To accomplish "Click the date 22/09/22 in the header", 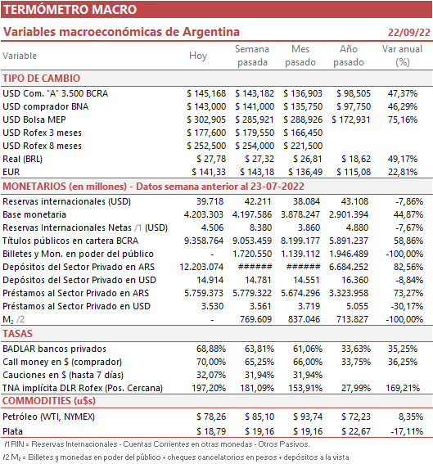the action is pos(409,32).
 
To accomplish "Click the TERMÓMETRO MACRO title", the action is pos(70,10).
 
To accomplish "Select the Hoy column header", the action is pos(198,56).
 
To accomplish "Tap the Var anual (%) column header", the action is pos(402,56).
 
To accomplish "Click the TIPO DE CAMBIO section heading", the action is pos(42,79).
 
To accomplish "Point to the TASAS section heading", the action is pos(17,334).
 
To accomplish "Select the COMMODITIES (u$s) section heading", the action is pos(49,401).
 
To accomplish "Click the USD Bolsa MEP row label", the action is pos(34,119).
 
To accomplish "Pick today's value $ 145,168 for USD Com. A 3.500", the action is pos(206,93).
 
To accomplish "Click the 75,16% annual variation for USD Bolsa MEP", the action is pos(403,119).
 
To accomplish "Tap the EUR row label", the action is pos(11,172).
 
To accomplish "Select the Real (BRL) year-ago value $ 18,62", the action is pos(356,159).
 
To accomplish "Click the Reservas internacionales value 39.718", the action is pos(210,201).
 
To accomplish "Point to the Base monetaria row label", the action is pos(34,214).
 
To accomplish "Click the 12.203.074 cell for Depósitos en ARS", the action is pos(201,267).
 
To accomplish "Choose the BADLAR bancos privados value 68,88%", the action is pos(211,349).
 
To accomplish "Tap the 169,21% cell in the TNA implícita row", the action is pos(403,388).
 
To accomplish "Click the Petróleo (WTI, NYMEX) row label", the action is pos(49,417).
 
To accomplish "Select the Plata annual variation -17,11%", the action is pos(407,431).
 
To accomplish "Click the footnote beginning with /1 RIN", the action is pos(157,444).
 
